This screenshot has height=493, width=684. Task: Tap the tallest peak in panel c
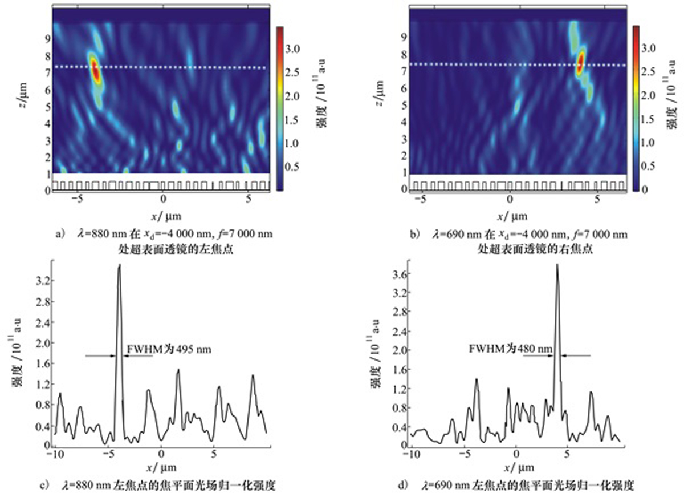[x=119, y=266]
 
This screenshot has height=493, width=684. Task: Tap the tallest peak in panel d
[x=557, y=266]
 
